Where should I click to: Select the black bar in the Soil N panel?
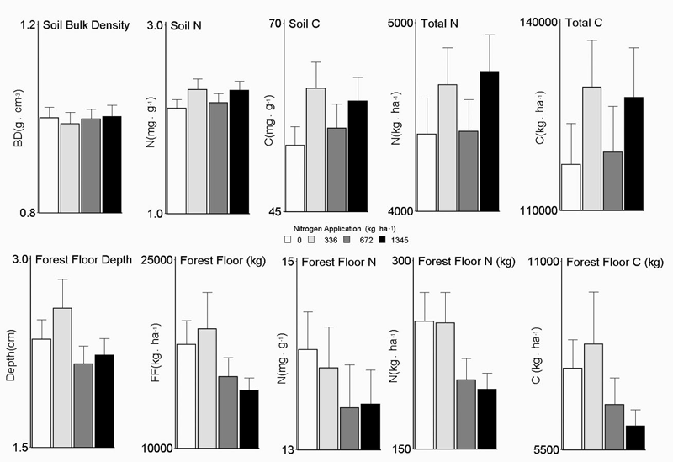[239, 151]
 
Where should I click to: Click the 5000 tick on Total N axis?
[404, 24]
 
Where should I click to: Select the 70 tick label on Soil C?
[273, 24]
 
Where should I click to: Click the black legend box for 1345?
[384, 240]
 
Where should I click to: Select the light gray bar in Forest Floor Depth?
[62, 378]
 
